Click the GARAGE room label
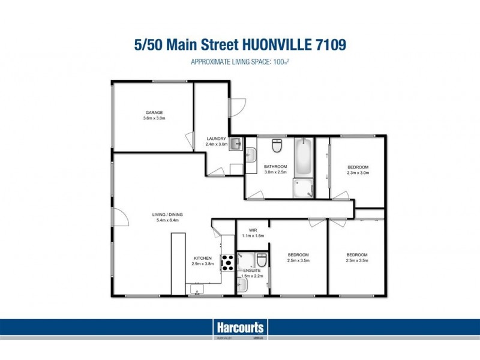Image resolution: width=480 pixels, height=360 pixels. pyautogui.click(x=154, y=113)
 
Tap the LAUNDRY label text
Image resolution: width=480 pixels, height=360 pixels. pyautogui.click(x=216, y=139)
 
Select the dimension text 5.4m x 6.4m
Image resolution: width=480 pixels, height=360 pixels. pyautogui.click(x=167, y=220)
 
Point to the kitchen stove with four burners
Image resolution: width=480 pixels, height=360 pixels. pyautogui.click(x=227, y=262)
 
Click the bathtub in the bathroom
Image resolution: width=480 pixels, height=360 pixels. pyautogui.click(x=303, y=156)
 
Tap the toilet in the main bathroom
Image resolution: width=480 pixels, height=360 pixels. pyautogui.click(x=277, y=146)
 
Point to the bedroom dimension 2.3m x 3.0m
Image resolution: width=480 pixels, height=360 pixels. pyautogui.click(x=358, y=173)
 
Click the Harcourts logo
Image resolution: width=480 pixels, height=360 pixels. pyautogui.click(x=239, y=328)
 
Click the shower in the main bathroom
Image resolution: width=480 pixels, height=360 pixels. pyautogui.click(x=303, y=188)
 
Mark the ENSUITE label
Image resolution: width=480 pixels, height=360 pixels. pyautogui.click(x=251, y=271)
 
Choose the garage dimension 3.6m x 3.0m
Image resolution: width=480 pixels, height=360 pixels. pyautogui.click(x=154, y=119)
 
